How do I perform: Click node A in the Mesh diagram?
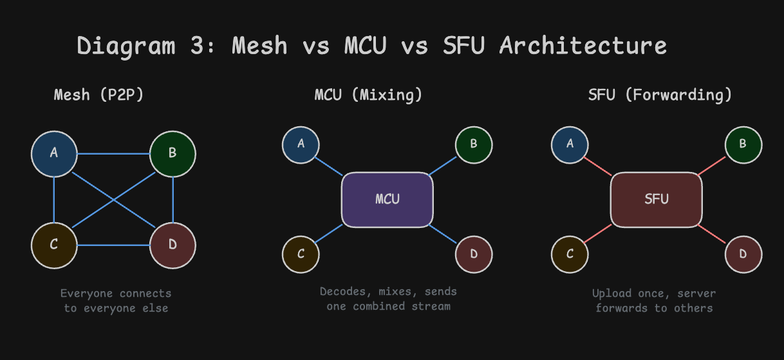pyautogui.click(x=54, y=154)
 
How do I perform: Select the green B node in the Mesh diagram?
pyautogui.click(x=173, y=154)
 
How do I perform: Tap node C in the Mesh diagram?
pyautogui.click(x=54, y=245)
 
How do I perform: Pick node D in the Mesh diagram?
pyautogui.click(x=173, y=245)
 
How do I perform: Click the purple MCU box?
pyautogui.click(x=387, y=200)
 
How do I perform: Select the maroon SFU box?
pyautogui.click(x=657, y=200)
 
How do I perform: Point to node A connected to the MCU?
pyautogui.click(x=301, y=145)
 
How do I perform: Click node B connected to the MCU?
pyautogui.click(x=474, y=145)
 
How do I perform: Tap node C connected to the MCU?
pyautogui.click(x=301, y=254)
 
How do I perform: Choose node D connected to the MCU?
pyautogui.click(x=474, y=254)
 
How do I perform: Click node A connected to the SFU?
pyautogui.click(x=570, y=145)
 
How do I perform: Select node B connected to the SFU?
pyautogui.click(x=743, y=145)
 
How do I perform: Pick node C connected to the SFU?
pyautogui.click(x=570, y=254)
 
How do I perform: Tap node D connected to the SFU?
pyautogui.click(x=743, y=254)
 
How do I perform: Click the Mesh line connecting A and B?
pyautogui.click(x=113, y=154)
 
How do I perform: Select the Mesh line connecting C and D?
pyautogui.click(x=113, y=245)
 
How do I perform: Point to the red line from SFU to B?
pyautogui.click(x=711, y=166)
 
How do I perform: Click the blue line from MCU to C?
pyautogui.click(x=329, y=234)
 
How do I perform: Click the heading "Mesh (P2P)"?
pyautogui.click(x=98, y=95)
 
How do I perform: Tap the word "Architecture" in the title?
pyautogui.click(x=583, y=46)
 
